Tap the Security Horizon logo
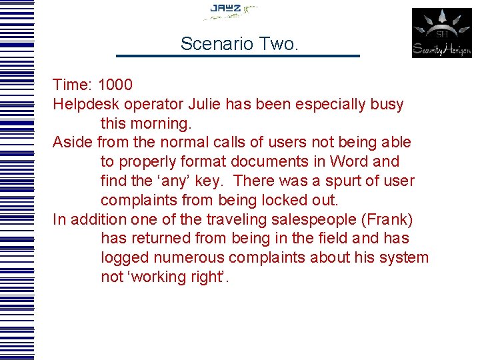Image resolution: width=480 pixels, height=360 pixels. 441,33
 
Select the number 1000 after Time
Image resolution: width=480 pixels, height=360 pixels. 115,85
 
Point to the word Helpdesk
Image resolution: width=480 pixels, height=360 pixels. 83,105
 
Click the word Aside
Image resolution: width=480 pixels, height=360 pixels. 72,143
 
